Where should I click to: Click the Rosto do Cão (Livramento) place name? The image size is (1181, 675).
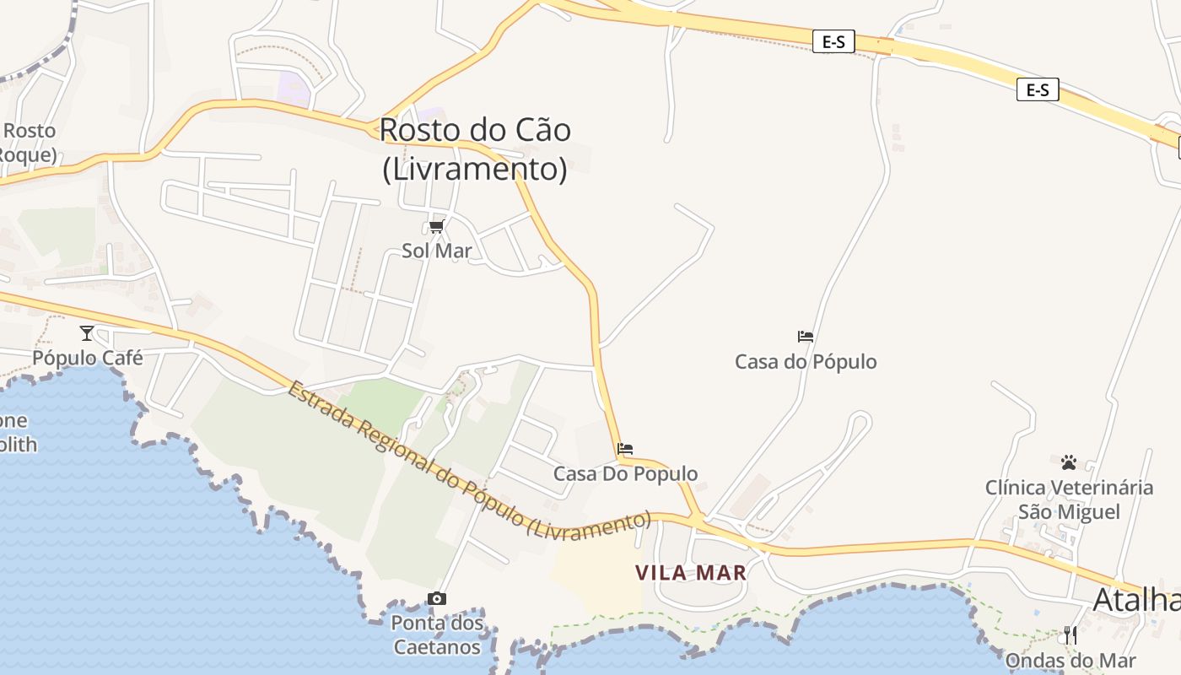coord(475,149)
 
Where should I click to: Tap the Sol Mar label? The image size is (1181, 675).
coord(437,251)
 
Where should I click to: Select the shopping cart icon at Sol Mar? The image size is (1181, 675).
coord(436,226)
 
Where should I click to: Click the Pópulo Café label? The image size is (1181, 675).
coord(88,358)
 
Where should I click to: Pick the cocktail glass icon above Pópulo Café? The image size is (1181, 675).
coord(86,332)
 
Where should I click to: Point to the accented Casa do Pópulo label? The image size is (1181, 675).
coord(806,362)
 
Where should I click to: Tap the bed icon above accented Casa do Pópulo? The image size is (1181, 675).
coord(806,337)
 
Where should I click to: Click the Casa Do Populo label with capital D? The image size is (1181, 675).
coord(625,473)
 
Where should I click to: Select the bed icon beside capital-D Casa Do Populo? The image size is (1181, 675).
coord(625,449)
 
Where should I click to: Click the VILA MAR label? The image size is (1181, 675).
coord(691,573)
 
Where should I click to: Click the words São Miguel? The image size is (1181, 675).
coord(1069,512)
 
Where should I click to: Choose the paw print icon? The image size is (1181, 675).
coord(1069,462)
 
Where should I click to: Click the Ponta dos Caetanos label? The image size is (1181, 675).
coord(437,635)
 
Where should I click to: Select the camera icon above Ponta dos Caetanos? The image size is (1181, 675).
coord(437,599)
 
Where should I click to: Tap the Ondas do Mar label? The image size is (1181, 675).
coord(1070,661)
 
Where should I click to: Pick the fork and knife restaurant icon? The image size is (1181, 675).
coord(1070,635)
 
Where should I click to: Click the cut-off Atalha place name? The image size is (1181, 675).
coord(1136,600)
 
